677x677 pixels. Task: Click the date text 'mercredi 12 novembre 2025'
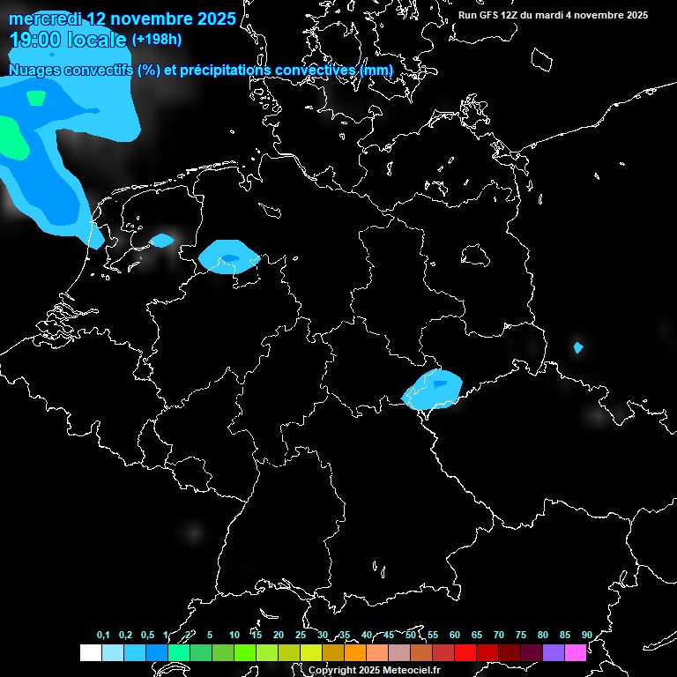coord(122,19)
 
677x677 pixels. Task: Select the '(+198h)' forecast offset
coord(156,40)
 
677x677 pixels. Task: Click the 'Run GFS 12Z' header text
coord(498,15)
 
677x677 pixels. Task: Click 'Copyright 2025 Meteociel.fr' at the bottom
coord(375,670)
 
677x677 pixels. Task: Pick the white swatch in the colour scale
coord(90,652)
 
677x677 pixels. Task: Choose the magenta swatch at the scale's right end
coord(576,652)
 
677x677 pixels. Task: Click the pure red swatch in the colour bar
coord(465,652)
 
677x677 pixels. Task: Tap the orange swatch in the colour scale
coord(355,652)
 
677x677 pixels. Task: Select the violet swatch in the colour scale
coord(554,652)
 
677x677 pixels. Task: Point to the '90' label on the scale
coord(587,635)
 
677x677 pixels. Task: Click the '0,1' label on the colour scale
coord(103,635)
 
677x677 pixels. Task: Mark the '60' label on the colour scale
coord(455,635)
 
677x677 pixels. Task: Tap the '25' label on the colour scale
coord(300,635)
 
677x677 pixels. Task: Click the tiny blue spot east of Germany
coord(578,347)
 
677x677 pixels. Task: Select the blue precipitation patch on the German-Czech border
coord(432,389)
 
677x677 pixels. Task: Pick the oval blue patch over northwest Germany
coord(229,257)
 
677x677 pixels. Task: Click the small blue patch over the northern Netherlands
coord(162,240)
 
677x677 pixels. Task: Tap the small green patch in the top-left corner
coord(36,98)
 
